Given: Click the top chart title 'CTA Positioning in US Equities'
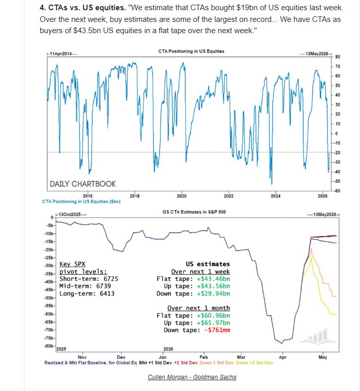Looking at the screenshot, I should [191, 51].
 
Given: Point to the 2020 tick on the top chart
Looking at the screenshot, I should [181, 195].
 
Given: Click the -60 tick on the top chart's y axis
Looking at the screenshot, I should [338, 191].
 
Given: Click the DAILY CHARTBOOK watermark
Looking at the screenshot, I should [82, 184].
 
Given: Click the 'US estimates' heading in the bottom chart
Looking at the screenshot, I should [208, 264].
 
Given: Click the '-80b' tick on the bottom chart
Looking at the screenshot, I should [49, 346].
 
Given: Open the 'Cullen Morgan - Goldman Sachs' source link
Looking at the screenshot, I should [191, 377].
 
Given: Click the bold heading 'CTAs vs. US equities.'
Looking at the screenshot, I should [89, 9].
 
